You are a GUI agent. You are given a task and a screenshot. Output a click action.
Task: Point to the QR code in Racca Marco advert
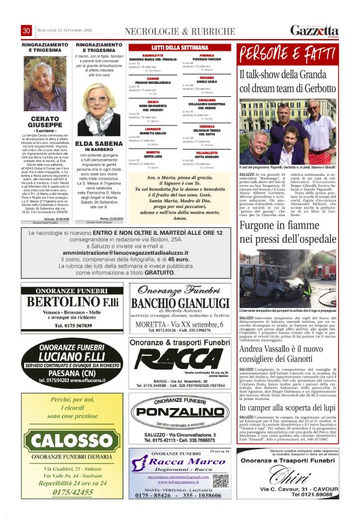click(x=220, y=480)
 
